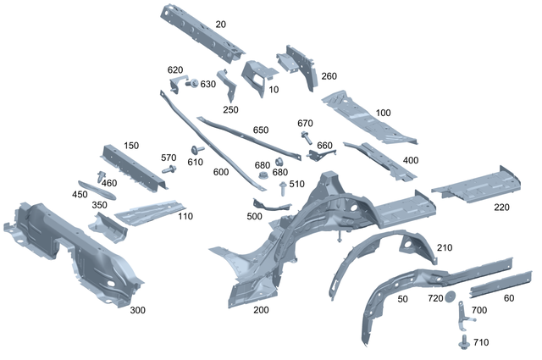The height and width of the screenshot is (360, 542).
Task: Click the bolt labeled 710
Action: (x=463, y=341)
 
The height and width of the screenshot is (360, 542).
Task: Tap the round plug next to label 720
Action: (x=451, y=295)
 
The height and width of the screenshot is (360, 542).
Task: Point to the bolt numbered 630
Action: (x=191, y=83)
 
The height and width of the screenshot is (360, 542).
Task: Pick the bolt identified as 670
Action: (x=305, y=135)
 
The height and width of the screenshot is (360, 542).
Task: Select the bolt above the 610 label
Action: (x=196, y=151)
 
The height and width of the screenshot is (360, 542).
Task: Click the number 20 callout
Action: (x=221, y=25)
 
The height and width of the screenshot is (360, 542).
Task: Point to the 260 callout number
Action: (x=329, y=76)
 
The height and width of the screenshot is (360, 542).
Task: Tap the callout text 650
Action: (x=261, y=130)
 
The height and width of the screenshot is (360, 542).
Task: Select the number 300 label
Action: (x=137, y=310)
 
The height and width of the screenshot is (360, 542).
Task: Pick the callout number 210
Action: (x=445, y=247)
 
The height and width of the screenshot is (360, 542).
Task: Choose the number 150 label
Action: (x=130, y=146)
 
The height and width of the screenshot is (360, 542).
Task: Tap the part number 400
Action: (x=410, y=160)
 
